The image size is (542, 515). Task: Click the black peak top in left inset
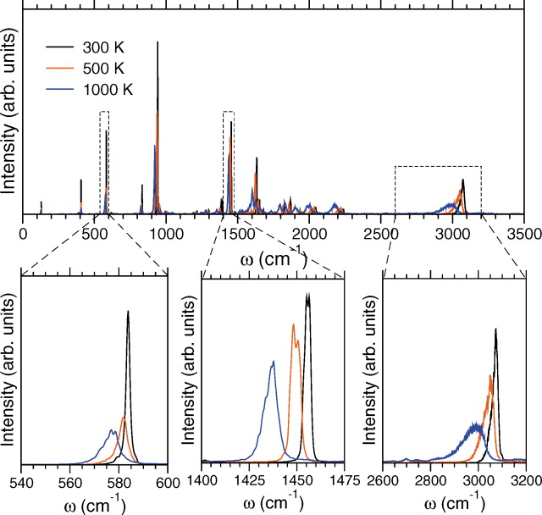point(128,312)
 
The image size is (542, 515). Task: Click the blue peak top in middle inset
point(273,362)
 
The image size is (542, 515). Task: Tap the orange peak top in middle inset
point(293,324)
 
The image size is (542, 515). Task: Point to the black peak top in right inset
point(495,329)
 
